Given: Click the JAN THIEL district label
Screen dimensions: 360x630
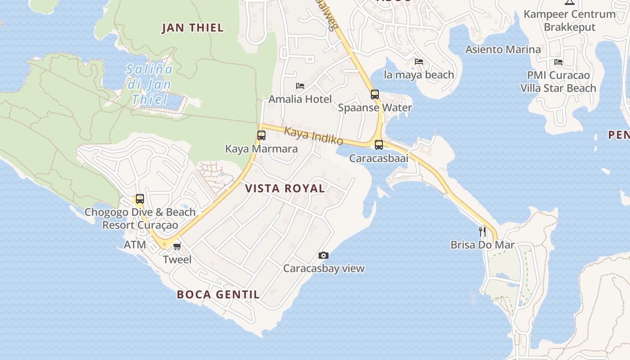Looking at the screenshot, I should [x=193, y=28].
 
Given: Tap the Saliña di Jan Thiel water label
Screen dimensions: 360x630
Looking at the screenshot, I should [x=149, y=84].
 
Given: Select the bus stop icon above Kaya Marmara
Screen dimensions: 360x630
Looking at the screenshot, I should [x=261, y=135].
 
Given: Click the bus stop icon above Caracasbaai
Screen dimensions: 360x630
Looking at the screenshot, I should [x=379, y=144].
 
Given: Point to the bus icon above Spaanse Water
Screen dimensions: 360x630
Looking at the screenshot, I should [x=375, y=94].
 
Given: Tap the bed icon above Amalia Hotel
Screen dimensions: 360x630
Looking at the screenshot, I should [x=300, y=86].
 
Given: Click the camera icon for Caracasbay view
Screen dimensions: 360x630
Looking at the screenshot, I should [x=323, y=255].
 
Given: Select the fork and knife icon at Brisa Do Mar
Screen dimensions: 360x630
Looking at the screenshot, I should [x=482, y=232].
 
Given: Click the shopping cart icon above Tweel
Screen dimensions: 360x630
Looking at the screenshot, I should [x=177, y=246].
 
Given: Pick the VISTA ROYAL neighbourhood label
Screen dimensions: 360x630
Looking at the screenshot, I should [x=285, y=189].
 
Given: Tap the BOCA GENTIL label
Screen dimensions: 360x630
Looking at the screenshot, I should [x=218, y=295].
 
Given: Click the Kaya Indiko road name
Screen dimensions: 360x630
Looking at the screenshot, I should [x=314, y=136].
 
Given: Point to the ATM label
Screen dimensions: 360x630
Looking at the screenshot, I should [x=135, y=245].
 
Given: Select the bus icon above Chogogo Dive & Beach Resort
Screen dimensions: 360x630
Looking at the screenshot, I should [x=140, y=198].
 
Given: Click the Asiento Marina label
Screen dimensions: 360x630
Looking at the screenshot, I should [x=503, y=49].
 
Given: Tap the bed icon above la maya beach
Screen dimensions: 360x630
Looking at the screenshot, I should [x=419, y=61].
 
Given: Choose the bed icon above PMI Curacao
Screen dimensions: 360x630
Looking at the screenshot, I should [x=558, y=62].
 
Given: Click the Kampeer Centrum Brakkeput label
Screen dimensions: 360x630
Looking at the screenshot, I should [x=569, y=20].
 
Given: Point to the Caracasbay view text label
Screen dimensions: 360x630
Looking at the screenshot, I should [x=324, y=269].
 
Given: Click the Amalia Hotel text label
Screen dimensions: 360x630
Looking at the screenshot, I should [x=300, y=99].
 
